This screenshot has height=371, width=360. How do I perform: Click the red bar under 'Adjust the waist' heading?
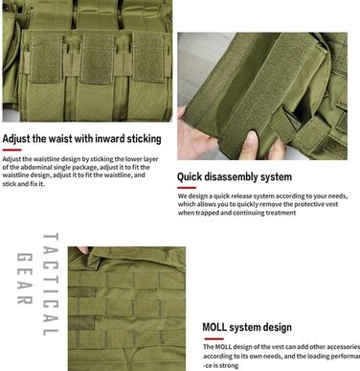click(13, 149)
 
